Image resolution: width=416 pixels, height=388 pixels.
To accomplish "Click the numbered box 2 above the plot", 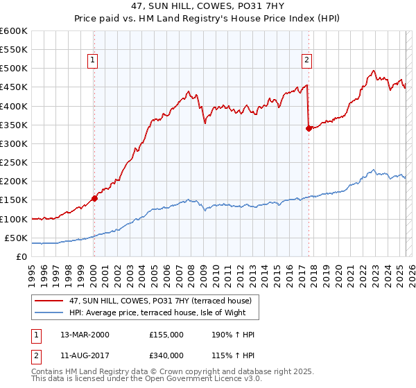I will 306,60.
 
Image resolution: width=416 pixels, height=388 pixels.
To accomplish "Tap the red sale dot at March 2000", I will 94,197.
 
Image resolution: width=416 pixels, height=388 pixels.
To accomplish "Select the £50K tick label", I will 17,238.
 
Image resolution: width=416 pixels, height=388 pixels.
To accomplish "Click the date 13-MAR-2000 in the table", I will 85,335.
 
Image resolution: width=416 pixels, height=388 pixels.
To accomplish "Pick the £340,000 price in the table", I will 166,355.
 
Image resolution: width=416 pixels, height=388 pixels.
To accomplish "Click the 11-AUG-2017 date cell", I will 85,355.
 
